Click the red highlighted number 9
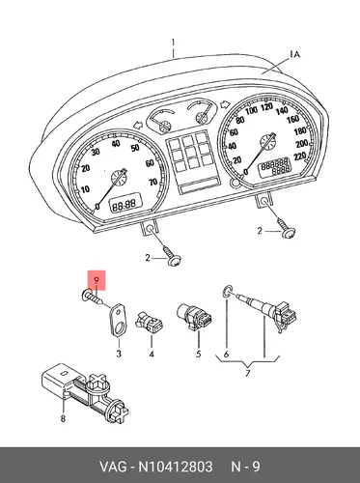point(97,280)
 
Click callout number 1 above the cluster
point(173,43)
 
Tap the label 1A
point(294,54)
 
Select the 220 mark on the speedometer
point(300,156)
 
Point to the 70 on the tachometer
point(153,183)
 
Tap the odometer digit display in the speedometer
point(275,167)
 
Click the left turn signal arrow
point(138,125)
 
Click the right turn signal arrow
point(224,104)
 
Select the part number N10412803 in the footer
point(176,467)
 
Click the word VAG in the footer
point(113,467)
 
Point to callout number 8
point(63,418)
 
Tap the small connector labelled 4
point(150,322)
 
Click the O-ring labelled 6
point(227,293)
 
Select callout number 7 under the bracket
point(247,374)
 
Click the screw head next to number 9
point(84,295)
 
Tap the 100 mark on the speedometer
point(251,110)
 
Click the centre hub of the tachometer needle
point(119,178)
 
